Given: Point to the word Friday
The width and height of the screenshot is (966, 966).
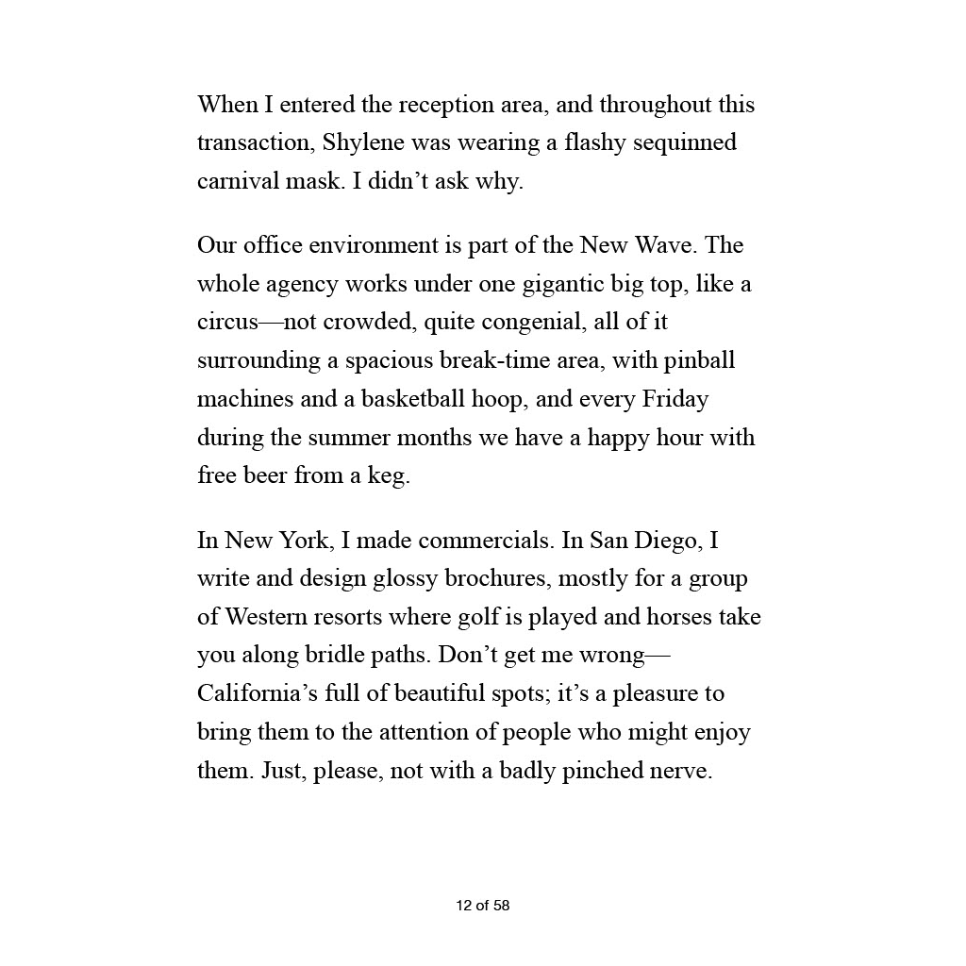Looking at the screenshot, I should pos(675,399).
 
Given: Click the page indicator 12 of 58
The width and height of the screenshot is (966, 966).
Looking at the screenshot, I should pos(482,906).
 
